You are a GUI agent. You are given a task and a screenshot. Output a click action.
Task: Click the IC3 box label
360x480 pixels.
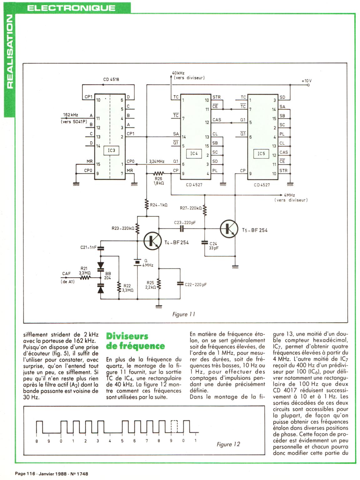(112, 150)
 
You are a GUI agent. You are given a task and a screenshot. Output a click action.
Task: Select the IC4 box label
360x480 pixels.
(194, 153)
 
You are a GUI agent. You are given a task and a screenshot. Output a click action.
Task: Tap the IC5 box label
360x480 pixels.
(261, 153)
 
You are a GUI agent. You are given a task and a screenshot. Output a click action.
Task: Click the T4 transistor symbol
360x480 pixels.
(152, 240)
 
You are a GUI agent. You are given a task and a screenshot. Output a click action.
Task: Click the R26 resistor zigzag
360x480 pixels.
(158, 173)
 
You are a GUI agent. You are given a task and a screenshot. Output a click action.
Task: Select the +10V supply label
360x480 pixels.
(307, 81)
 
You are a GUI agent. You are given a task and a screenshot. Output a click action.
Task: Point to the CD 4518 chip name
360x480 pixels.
(111, 79)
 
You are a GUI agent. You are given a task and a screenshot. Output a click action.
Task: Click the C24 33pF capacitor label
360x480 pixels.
(214, 246)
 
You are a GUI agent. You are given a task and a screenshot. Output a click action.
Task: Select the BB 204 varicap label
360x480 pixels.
(107, 275)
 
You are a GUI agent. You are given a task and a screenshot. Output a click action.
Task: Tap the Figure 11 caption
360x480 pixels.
(184, 314)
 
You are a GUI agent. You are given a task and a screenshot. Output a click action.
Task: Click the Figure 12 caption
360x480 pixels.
(228, 444)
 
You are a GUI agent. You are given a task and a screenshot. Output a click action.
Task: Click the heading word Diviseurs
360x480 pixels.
(127, 336)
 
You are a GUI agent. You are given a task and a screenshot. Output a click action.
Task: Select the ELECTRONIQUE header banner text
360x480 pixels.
(71, 8)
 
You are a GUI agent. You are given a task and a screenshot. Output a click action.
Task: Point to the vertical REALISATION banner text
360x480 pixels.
(9, 53)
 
